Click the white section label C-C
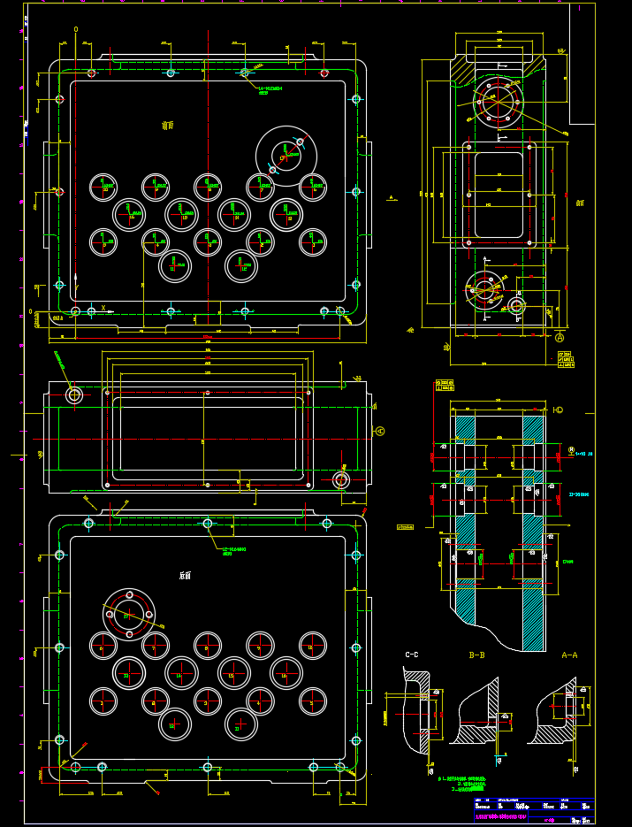pyautogui.click(x=412, y=655)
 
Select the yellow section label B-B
pyautogui.click(x=476, y=655)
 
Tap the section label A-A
pyautogui.click(x=569, y=655)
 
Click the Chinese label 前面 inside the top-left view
pyautogui.click(x=168, y=125)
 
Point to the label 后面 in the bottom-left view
pyautogui.click(x=185, y=575)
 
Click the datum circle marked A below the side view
pyautogui.click(x=560, y=338)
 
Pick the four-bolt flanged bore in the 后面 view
pyautogui.click(x=129, y=615)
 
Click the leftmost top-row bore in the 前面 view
pyautogui.click(x=103, y=187)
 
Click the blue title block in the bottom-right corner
pyautogui.click(x=534, y=810)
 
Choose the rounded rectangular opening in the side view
pyautogui.click(x=499, y=195)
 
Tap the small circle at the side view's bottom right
pyautogui.click(x=516, y=306)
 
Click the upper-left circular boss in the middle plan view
pyautogui.click(x=74, y=395)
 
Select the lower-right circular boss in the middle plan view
pyautogui.click(x=341, y=479)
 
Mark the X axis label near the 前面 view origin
pyautogui.click(x=103, y=309)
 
